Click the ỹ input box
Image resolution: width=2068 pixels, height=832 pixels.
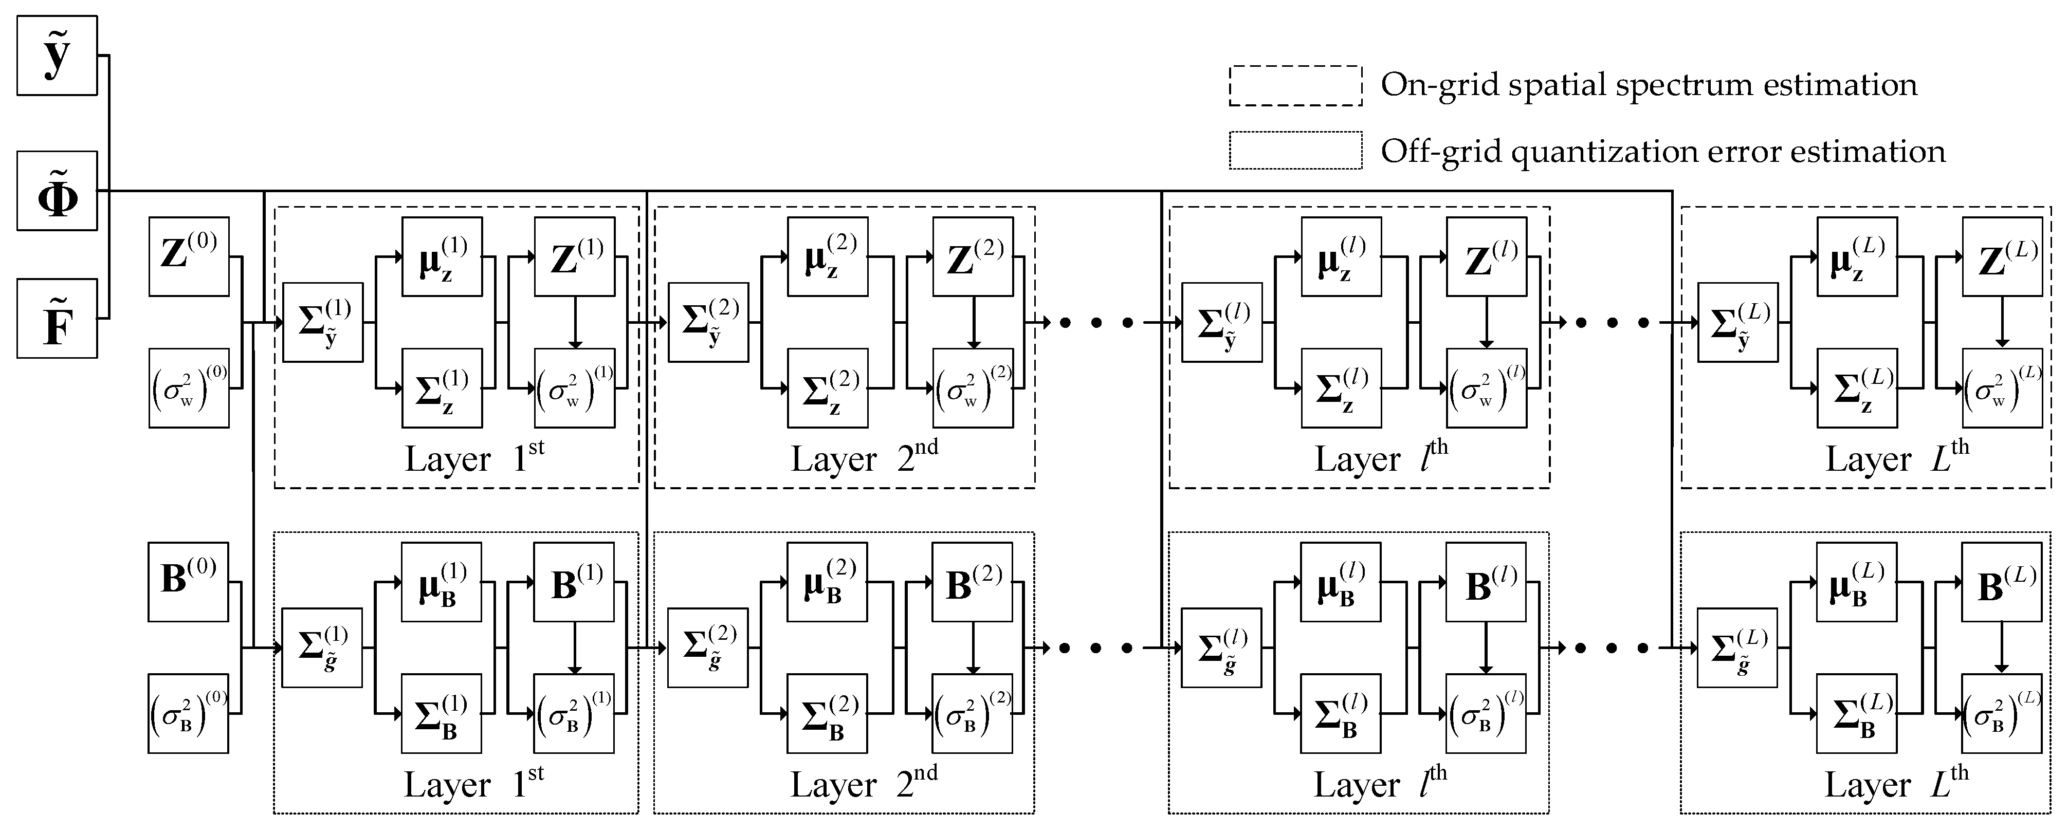pos(57,56)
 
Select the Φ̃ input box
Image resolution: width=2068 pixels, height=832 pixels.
pos(57,191)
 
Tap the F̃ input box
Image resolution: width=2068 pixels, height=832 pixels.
pos(57,319)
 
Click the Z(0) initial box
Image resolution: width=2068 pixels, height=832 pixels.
pos(189,257)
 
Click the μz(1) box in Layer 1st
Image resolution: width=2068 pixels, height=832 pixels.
pos(442,257)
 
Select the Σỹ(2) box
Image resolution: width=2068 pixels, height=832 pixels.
pos(708,323)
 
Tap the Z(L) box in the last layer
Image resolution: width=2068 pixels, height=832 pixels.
pos(2002,257)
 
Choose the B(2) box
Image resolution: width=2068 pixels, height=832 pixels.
pos(972,582)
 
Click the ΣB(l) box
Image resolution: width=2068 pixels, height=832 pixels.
pos(1341,713)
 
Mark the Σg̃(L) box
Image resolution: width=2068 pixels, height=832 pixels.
pos(1736,648)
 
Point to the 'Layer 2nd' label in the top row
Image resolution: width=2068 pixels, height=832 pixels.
pos(864,458)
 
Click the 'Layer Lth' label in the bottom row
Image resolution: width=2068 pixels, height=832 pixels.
pos(1896,784)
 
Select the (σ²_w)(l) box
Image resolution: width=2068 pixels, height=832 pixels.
pos(1486,389)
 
